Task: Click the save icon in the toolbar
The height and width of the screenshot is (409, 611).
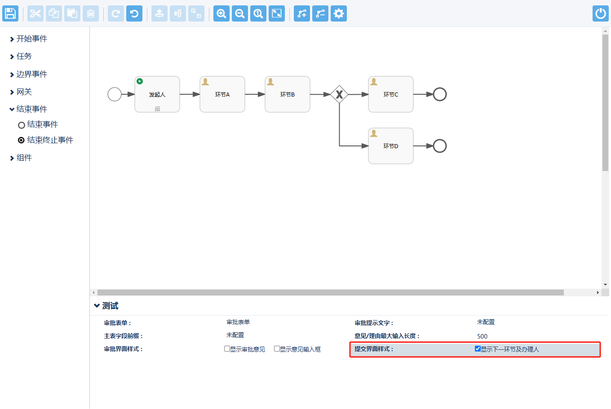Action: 10,13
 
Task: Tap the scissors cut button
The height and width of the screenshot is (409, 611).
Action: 35,13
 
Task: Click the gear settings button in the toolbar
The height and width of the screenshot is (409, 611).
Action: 339,13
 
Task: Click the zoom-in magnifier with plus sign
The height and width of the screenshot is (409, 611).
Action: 221,13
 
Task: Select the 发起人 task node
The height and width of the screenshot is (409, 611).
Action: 157,94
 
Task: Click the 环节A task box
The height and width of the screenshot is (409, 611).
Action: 222,94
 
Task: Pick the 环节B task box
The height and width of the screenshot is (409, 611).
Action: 288,94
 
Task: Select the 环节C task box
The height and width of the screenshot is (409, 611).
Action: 391,94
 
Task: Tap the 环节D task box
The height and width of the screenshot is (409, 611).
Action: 391,146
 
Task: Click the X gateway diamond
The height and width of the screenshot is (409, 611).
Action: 339,94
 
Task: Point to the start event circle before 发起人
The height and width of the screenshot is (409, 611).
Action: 115,94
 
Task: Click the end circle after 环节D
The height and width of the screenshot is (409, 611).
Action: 440,146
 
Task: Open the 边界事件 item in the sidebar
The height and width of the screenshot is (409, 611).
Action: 31,74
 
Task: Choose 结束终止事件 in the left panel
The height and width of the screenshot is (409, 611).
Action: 50,140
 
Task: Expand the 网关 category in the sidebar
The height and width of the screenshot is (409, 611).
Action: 24,92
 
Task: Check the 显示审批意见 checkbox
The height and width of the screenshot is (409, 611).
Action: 227,349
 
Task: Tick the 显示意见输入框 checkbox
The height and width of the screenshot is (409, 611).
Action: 277,349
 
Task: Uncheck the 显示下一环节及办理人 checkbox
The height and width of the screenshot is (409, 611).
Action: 478,349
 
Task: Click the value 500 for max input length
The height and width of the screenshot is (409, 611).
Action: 482,336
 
